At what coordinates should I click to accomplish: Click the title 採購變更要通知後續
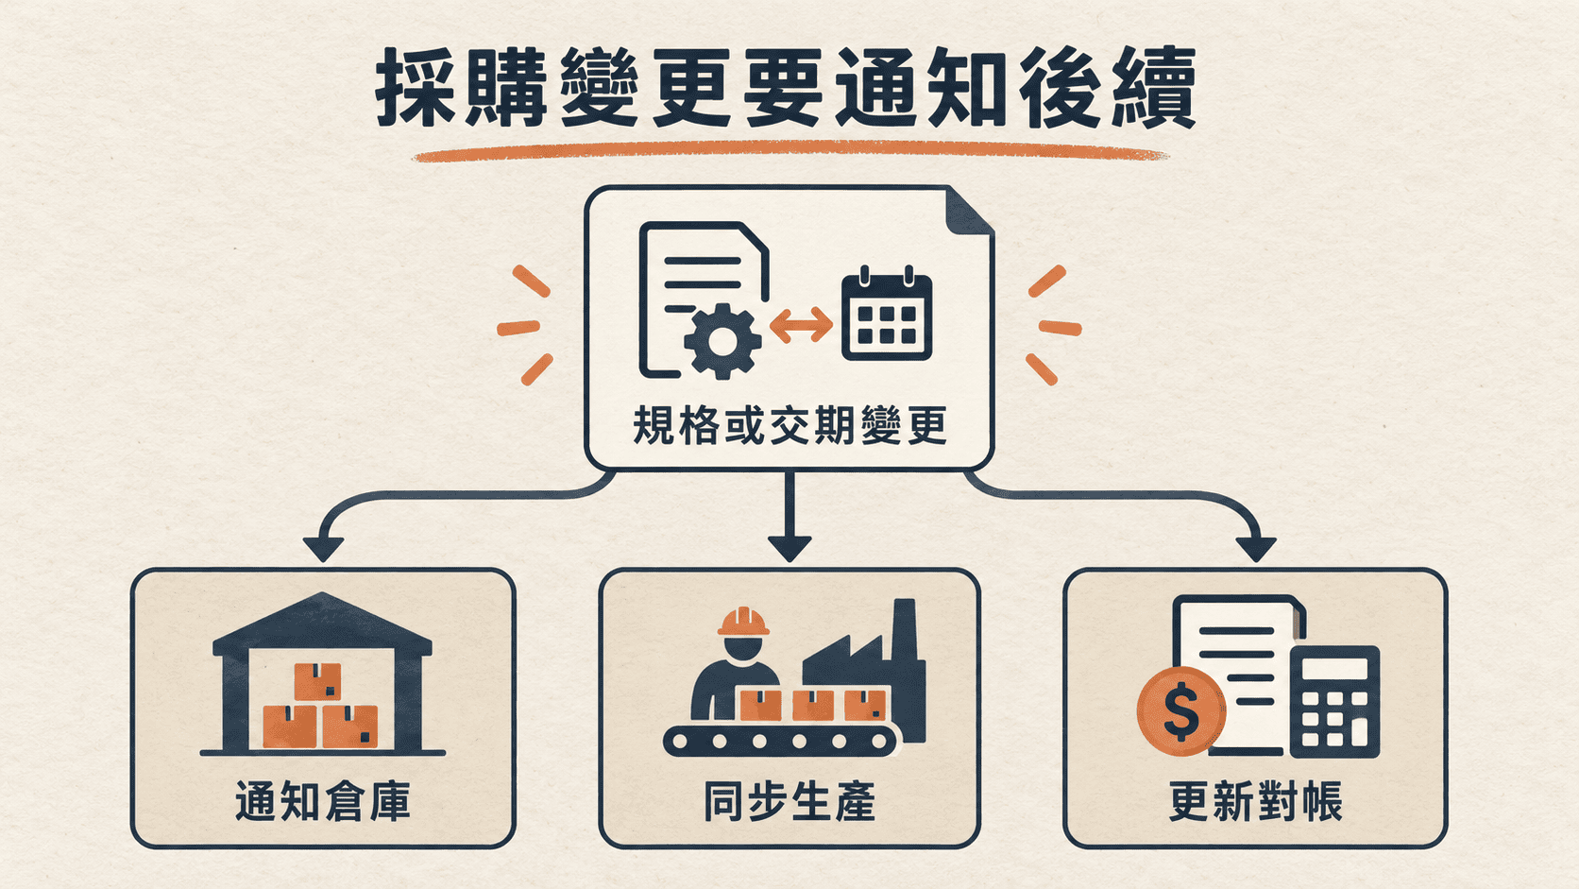786,88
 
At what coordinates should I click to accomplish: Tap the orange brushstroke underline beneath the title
789,151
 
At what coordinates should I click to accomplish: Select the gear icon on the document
722,341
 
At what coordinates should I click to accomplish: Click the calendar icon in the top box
887,313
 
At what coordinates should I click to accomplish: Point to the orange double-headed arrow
802,325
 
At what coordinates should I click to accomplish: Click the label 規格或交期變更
789,425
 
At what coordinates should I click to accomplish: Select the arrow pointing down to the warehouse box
451,495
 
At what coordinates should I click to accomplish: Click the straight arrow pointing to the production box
789,516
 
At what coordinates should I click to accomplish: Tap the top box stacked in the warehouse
317,681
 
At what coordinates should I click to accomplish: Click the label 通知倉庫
323,801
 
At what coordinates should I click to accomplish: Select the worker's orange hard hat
743,622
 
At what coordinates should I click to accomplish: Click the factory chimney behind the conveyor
907,670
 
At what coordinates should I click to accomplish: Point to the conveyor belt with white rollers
781,741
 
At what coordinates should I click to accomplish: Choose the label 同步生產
789,801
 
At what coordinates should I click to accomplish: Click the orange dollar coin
1181,711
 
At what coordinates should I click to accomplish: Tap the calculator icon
1334,702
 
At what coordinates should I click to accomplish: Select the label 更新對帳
1255,801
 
